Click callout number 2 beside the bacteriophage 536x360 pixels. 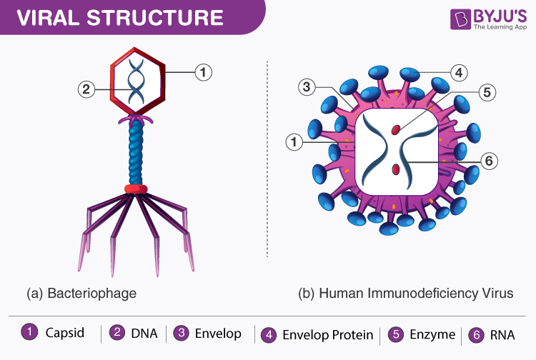86,89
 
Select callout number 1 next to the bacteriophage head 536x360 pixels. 204,71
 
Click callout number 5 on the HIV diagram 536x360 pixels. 487,92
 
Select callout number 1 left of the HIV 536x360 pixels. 292,143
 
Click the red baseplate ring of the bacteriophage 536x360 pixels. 136,189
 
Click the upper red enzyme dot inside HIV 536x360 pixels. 395,129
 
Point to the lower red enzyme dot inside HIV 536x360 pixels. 396,169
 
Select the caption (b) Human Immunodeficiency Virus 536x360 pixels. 405,293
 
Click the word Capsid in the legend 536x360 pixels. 64,334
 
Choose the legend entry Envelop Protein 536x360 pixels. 327,334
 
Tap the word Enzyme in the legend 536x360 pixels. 432,334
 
